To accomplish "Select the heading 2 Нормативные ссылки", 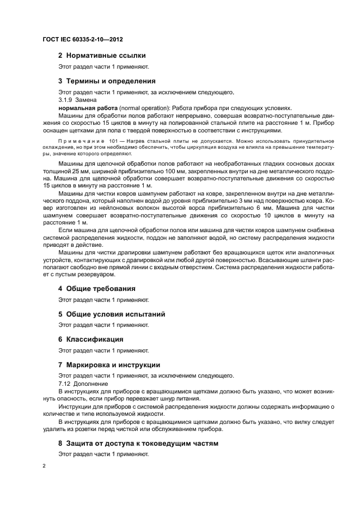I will [102, 55].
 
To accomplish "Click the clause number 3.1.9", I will [65, 100].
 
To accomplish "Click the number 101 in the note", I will [115, 141].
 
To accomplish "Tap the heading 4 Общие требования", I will [97, 288].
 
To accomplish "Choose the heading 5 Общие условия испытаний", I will [112, 314].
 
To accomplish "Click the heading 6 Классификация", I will [90, 339].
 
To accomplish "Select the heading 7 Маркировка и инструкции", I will [109, 365].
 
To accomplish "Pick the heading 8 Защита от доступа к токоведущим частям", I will [138, 444].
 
